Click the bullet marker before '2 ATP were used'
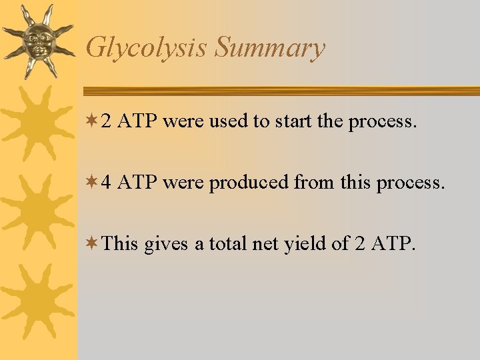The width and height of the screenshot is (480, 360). pos(91,121)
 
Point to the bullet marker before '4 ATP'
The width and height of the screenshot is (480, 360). pos(91,182)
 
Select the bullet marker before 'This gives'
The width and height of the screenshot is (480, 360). pos(91,243)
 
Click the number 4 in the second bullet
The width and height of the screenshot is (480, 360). pos(106,182)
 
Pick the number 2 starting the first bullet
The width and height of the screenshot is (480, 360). pos(106,121)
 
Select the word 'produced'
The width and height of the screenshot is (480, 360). pos(249,183)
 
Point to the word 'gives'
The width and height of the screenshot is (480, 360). pos(166,245)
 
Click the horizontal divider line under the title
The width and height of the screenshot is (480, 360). pos(280,91)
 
